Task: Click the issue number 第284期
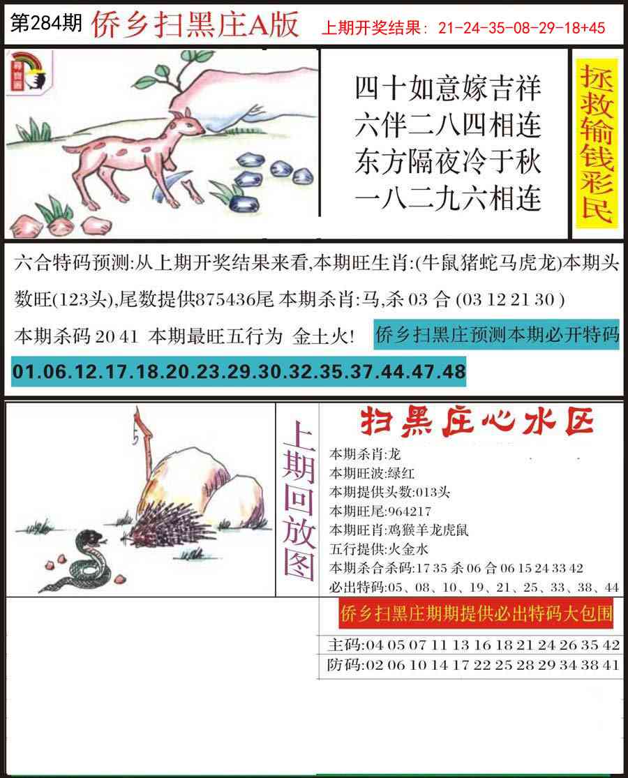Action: pyautogui.click(x=46, y=23)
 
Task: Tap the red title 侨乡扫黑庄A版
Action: pyautogui.click(x=195, y=25)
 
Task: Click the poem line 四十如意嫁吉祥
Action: pyautogui.click(x=447, y=89)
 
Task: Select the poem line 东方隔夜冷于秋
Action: pyautogui.click(x=447, y=162)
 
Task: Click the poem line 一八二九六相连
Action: pyautogui.click(x=447, y=198)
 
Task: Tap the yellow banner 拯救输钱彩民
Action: pyautogui.click(x=597, y=143)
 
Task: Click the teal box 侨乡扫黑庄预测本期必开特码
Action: pyautogui.click(x=497, y=335)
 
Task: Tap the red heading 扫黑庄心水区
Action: pyautogui.click(x=477, y=423)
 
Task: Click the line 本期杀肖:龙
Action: pyautogui.click(x=365, y=454)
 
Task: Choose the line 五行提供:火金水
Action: pyautogui.click(x=378, y=548)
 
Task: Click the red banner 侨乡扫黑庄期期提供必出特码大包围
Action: pyautogui.click(x=476, y=613)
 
